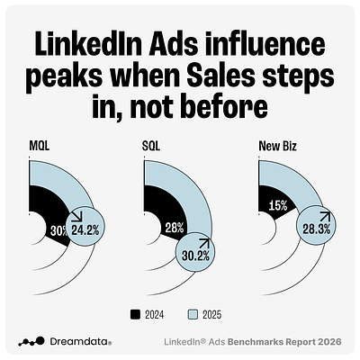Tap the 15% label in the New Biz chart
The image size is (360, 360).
(x=278, y=206)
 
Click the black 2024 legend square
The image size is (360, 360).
(x=136, y=313)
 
